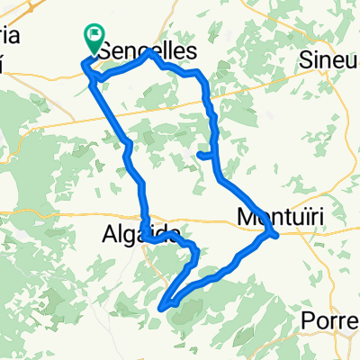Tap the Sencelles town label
point(148,53)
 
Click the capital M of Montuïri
point(244,217)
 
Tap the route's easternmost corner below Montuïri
point(274,236)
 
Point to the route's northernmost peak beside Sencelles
point(150,54)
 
